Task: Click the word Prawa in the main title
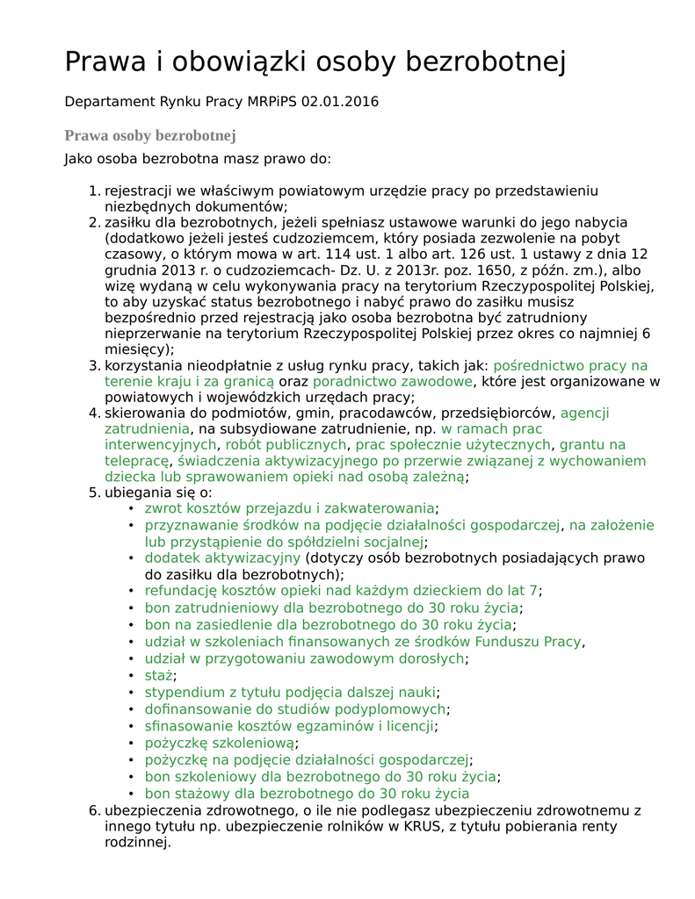(x=109, y=62)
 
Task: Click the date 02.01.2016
(x=339, y=102)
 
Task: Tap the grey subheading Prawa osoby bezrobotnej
(x=150, y=135)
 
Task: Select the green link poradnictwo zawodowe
(x=393, y=381)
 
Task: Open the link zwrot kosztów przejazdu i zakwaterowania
(x=289, y=507)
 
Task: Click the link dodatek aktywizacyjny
(x=222, y=557)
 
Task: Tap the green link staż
(x=158, y=675)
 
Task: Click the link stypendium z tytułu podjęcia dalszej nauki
(x=290, y=692)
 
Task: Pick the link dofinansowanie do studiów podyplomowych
(x=295, y=708)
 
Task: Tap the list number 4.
(x=94, y=413)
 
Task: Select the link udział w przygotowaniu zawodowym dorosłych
(x=304, y=658)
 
